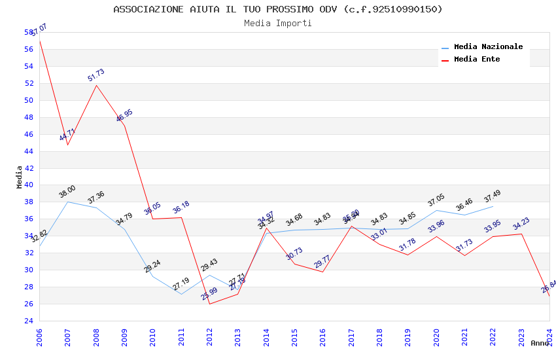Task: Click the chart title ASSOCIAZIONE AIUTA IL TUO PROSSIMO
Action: point(278,9)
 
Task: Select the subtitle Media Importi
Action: point(278,23)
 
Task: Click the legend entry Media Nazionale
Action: point(488,47)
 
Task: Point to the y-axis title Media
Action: point(20,177)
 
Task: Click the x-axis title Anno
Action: point(540,343)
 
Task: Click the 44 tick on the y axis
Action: point(29,151)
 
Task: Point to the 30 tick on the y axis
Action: point(29,270)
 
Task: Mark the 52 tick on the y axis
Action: point(29,83)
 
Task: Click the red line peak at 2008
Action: point(96,85)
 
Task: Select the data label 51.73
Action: point(96,75)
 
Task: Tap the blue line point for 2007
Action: point(68,202)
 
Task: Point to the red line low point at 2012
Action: point(209,304)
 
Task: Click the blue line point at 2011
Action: point(181,294)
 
